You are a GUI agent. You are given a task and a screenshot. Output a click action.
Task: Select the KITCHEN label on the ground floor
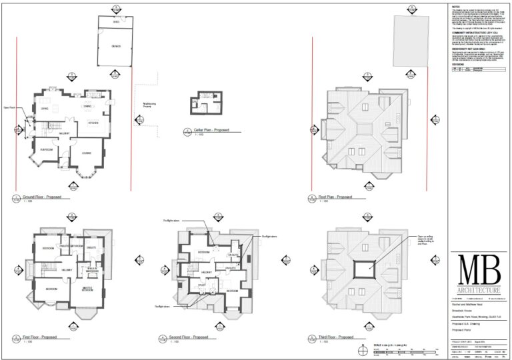[93, 123]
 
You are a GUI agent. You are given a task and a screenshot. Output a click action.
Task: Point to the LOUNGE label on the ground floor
[86, 153]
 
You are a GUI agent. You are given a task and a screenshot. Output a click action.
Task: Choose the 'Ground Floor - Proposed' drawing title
[41, 197]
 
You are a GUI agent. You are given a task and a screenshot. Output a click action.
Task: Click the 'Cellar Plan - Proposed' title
[206, 130]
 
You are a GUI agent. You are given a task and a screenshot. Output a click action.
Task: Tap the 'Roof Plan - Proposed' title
[335, 197]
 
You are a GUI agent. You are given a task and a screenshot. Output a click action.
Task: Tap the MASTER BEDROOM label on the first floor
[87, 290]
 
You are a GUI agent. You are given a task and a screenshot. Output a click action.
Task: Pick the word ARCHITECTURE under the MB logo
[479, 291]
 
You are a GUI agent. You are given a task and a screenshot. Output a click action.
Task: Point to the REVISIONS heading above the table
[458, 65]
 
